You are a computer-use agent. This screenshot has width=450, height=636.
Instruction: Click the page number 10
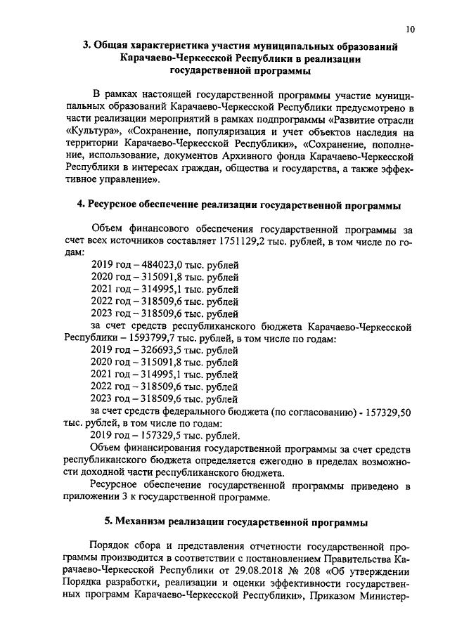410,29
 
